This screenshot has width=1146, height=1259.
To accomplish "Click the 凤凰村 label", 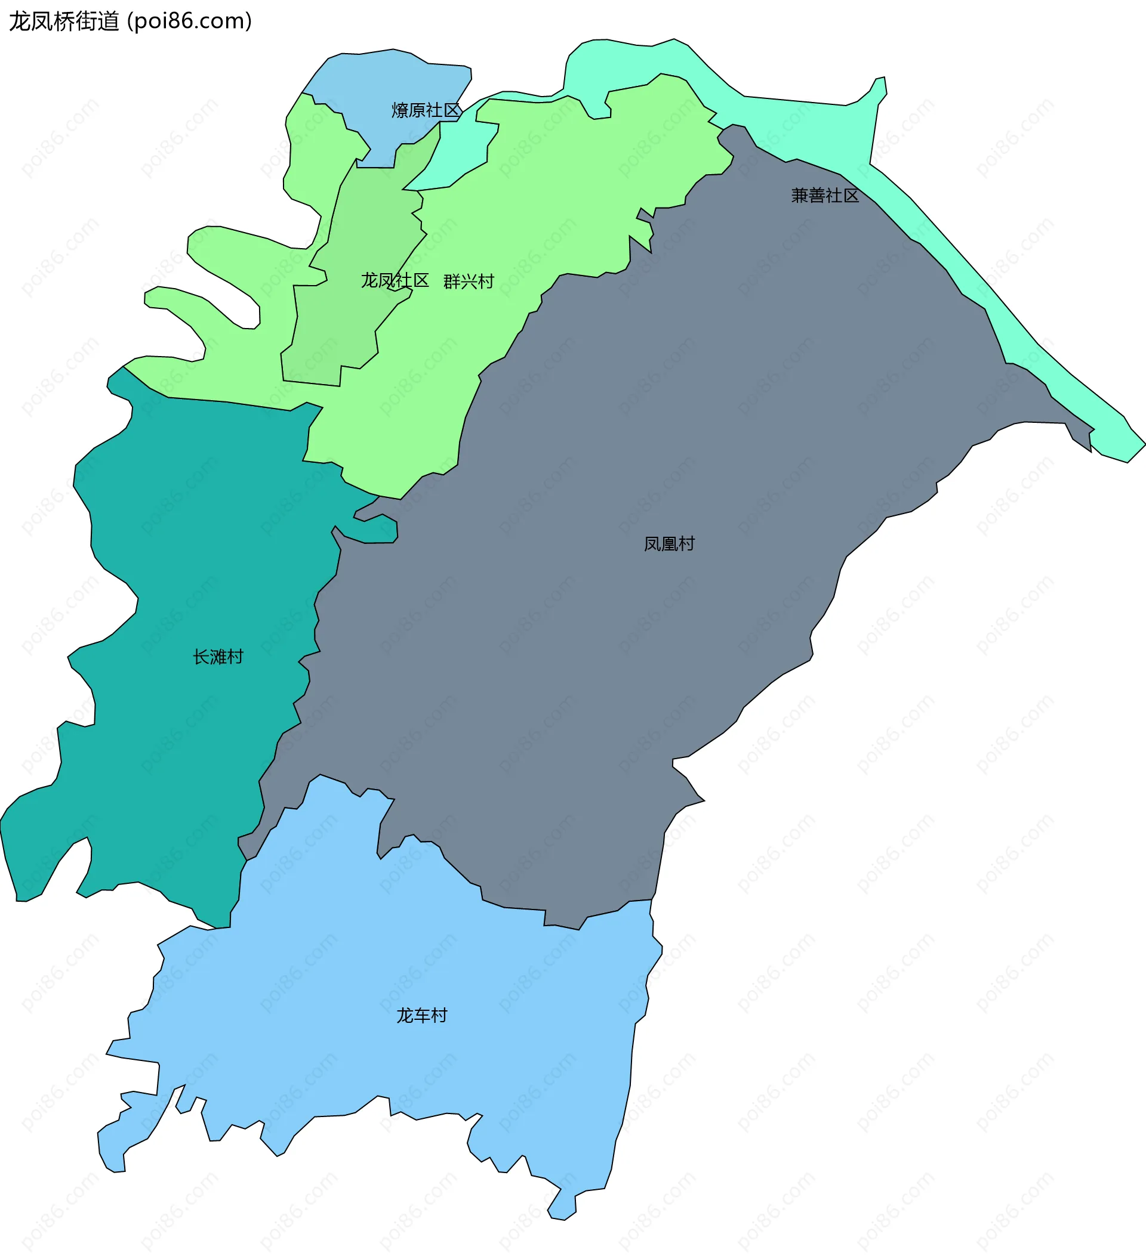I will coord(669,544).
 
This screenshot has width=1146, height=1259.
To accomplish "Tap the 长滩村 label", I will coord(218,657).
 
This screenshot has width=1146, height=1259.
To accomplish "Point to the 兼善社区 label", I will coord(825,196).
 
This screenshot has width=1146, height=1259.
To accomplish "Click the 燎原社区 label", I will coord(426,110).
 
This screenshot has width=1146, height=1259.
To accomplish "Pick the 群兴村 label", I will coord(469,282).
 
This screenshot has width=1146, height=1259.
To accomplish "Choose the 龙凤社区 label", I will coord(395,280).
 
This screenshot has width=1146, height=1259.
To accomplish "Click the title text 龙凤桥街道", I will coord(64,21).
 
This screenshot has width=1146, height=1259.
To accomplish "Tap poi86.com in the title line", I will coord(189,21).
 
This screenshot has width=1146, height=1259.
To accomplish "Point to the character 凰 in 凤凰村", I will coord(670,544).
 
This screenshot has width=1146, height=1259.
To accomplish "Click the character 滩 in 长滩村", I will coord(218,657).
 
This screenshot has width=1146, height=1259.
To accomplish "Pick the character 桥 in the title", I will coord(64,21).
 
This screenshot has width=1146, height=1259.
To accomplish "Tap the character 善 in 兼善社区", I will coord(817,196).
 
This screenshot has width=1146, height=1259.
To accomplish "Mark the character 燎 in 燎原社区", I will coord(401,110).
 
